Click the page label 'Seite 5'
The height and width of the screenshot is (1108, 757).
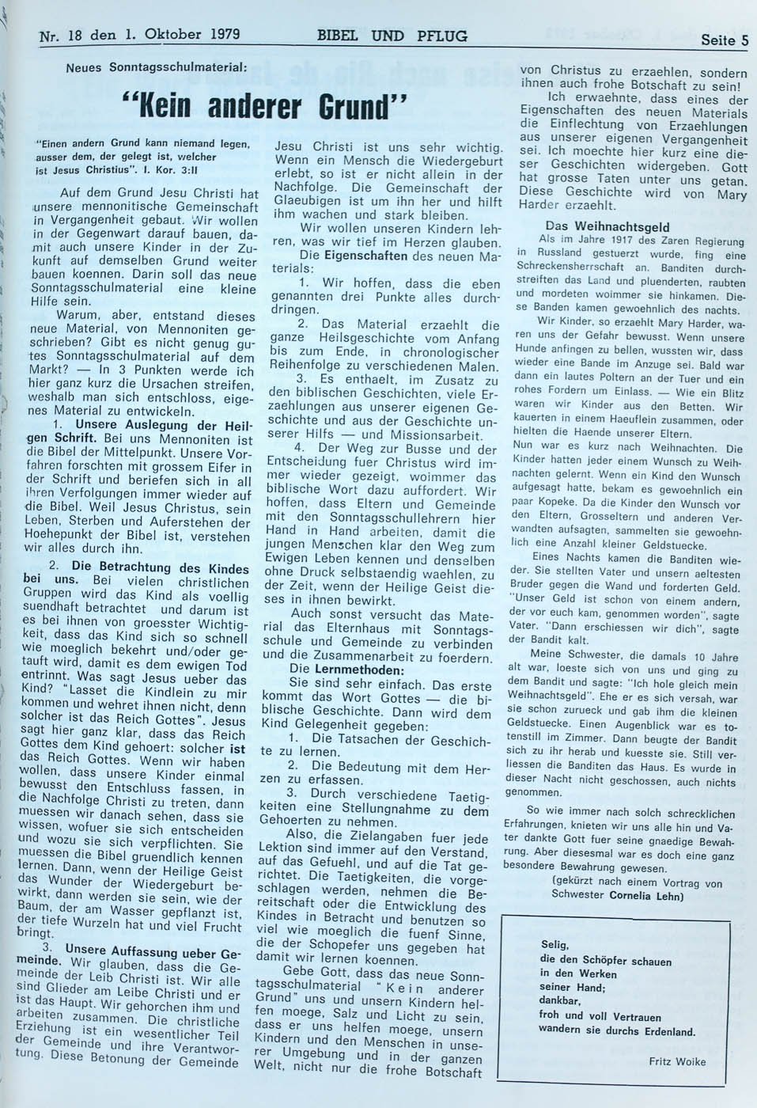(723, 40)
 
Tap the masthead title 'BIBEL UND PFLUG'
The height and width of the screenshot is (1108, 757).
(392, 36)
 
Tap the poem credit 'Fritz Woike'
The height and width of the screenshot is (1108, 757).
(676, 1061)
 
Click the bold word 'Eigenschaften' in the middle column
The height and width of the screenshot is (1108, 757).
(365, 256)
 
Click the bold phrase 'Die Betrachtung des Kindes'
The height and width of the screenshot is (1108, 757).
(160, 567)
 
